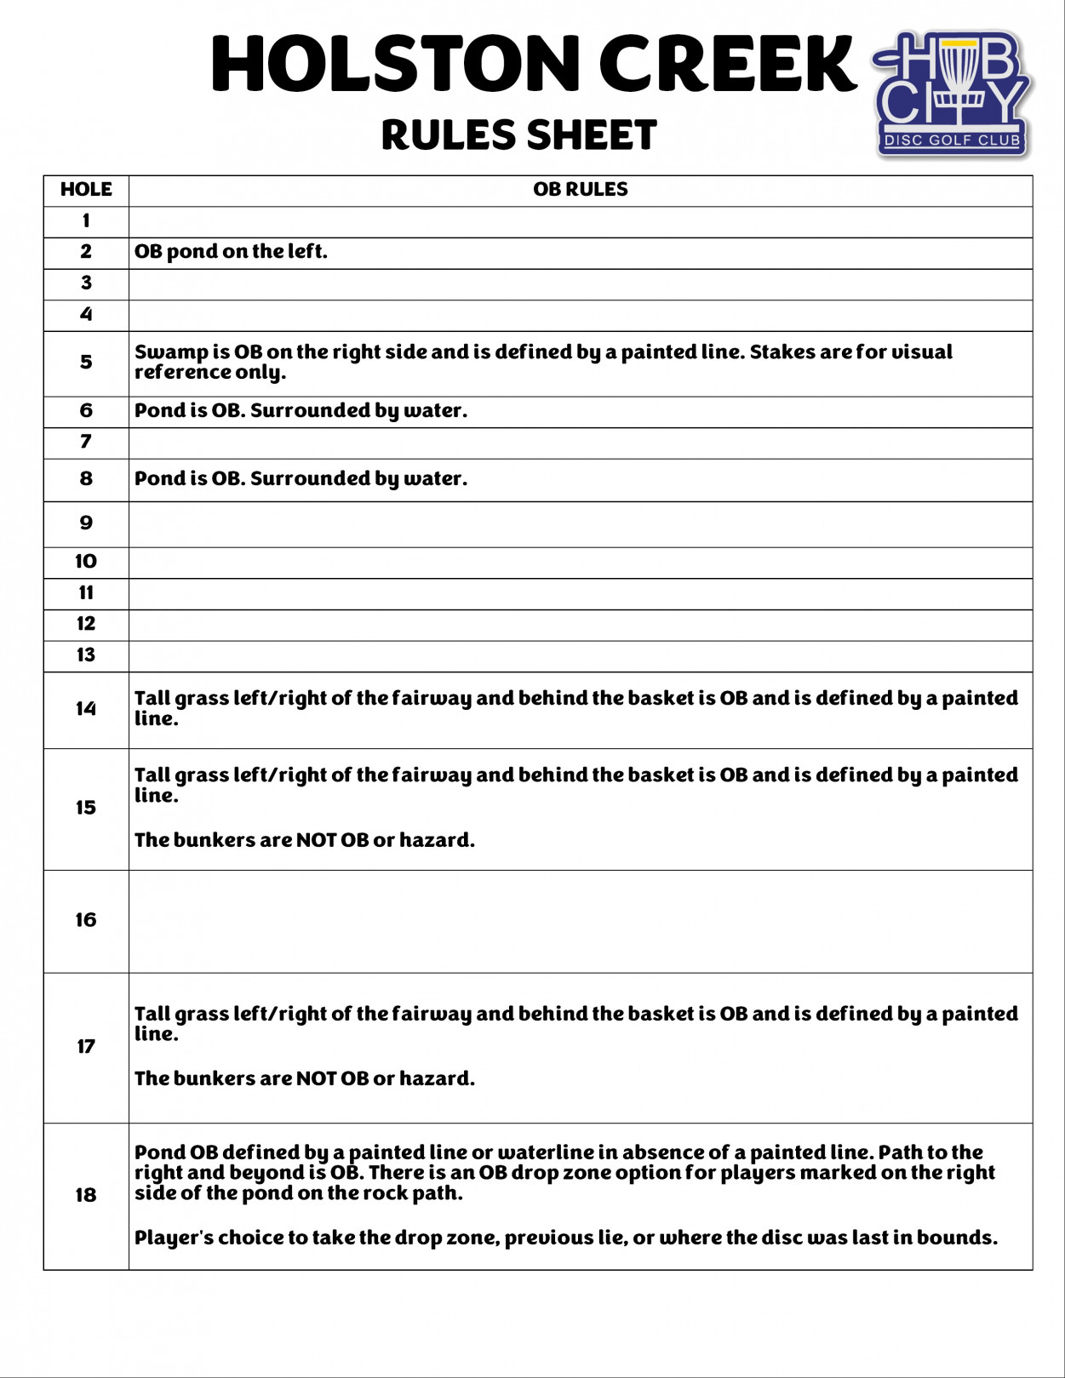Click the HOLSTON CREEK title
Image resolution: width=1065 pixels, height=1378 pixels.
(x=533, y=65)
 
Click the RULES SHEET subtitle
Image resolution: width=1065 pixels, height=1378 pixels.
(x=518, y=135)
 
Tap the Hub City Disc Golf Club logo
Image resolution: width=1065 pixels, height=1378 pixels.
(x=953, y=94)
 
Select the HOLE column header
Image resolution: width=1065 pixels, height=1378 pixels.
(x=86, y=190)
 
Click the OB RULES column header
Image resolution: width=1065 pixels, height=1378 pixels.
(x=580, y=190)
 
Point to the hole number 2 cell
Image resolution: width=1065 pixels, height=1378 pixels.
(x=86, y=252)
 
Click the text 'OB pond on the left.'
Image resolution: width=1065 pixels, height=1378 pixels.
(x=231, y=252)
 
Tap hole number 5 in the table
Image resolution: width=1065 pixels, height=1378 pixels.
(x=86, y=363)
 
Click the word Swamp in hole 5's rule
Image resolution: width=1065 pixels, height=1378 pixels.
(x=171, y=352)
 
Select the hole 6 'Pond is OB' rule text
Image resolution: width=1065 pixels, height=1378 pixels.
(x=301, y=411)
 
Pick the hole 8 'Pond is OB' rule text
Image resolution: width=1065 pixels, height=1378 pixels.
(x=301, y=479)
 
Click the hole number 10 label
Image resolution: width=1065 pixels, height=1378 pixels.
(x=86, y=562)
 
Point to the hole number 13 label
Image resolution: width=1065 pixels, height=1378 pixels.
(x=86, y=655)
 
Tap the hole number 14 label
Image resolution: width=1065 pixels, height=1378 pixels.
(x=86, y=709)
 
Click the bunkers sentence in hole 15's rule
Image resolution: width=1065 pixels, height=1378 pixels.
(x=304, y=841)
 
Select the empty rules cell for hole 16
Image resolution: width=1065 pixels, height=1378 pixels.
(x=580, y=921)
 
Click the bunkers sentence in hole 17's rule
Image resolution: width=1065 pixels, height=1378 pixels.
(x=304, y=1079)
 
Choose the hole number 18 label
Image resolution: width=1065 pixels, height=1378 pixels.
(x=86, y=1195)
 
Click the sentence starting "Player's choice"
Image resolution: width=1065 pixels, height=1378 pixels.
(x=565, y=1238)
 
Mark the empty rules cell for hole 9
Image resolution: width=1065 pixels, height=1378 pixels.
(x=580, y=524)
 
